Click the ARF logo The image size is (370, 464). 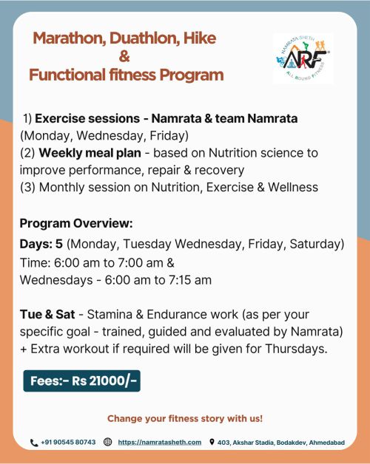click(x=303, y=58)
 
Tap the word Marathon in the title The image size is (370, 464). click(x=70, y=38)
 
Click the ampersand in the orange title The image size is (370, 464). click(x=124, y=56)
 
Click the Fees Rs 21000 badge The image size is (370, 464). click(x=82, y=381)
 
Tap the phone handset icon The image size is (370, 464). click(x=34, y=443)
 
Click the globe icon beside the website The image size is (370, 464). click(x=107, y=442)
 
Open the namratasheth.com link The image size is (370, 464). click(x=160, y=443)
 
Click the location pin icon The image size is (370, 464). click(x=212, y=442)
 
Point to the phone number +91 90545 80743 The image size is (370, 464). click(x=68, y=442)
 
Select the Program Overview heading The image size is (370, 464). click(x=76, y=223)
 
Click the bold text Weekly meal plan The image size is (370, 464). click(x=90, y=153)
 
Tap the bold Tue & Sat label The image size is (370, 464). click(x=47, y=314)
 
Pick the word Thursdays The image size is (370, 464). click(x=296, y=349)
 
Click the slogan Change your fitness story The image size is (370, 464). click(x=185, y=418)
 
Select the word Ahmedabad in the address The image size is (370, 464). click(x=327, y=443)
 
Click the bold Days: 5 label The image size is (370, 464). click(x=41, y=244)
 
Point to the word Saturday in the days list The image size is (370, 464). click(x=315, y=245)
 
